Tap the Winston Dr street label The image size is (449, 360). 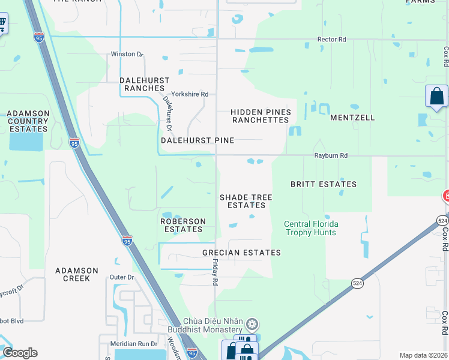tap(127, 54)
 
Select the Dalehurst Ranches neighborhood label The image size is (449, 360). tap(145, 84)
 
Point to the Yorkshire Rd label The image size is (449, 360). tap(189, 94)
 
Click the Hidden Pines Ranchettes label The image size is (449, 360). tap(261, 116)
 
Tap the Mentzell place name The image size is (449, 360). tap(352, 118)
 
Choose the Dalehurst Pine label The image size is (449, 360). tap(197, 140)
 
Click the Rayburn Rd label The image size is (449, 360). tap(331, 155)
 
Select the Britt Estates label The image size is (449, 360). tap(324, 184)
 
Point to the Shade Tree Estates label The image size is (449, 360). tap(246, 201)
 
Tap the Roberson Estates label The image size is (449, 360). tap(183, 225)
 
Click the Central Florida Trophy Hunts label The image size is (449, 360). tap(311, 228)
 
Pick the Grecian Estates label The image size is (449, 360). tap(241, 253)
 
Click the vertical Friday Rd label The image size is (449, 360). tap(214, 272)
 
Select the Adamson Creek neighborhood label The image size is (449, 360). tap(73, 274)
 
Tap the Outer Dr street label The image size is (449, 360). tap(122, 277)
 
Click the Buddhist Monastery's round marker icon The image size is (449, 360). tap(253, 325)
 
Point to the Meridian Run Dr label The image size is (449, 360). tap(133, 344)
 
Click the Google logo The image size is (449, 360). tap(20, 353)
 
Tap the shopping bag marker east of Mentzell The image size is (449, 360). tap(436, 96)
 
